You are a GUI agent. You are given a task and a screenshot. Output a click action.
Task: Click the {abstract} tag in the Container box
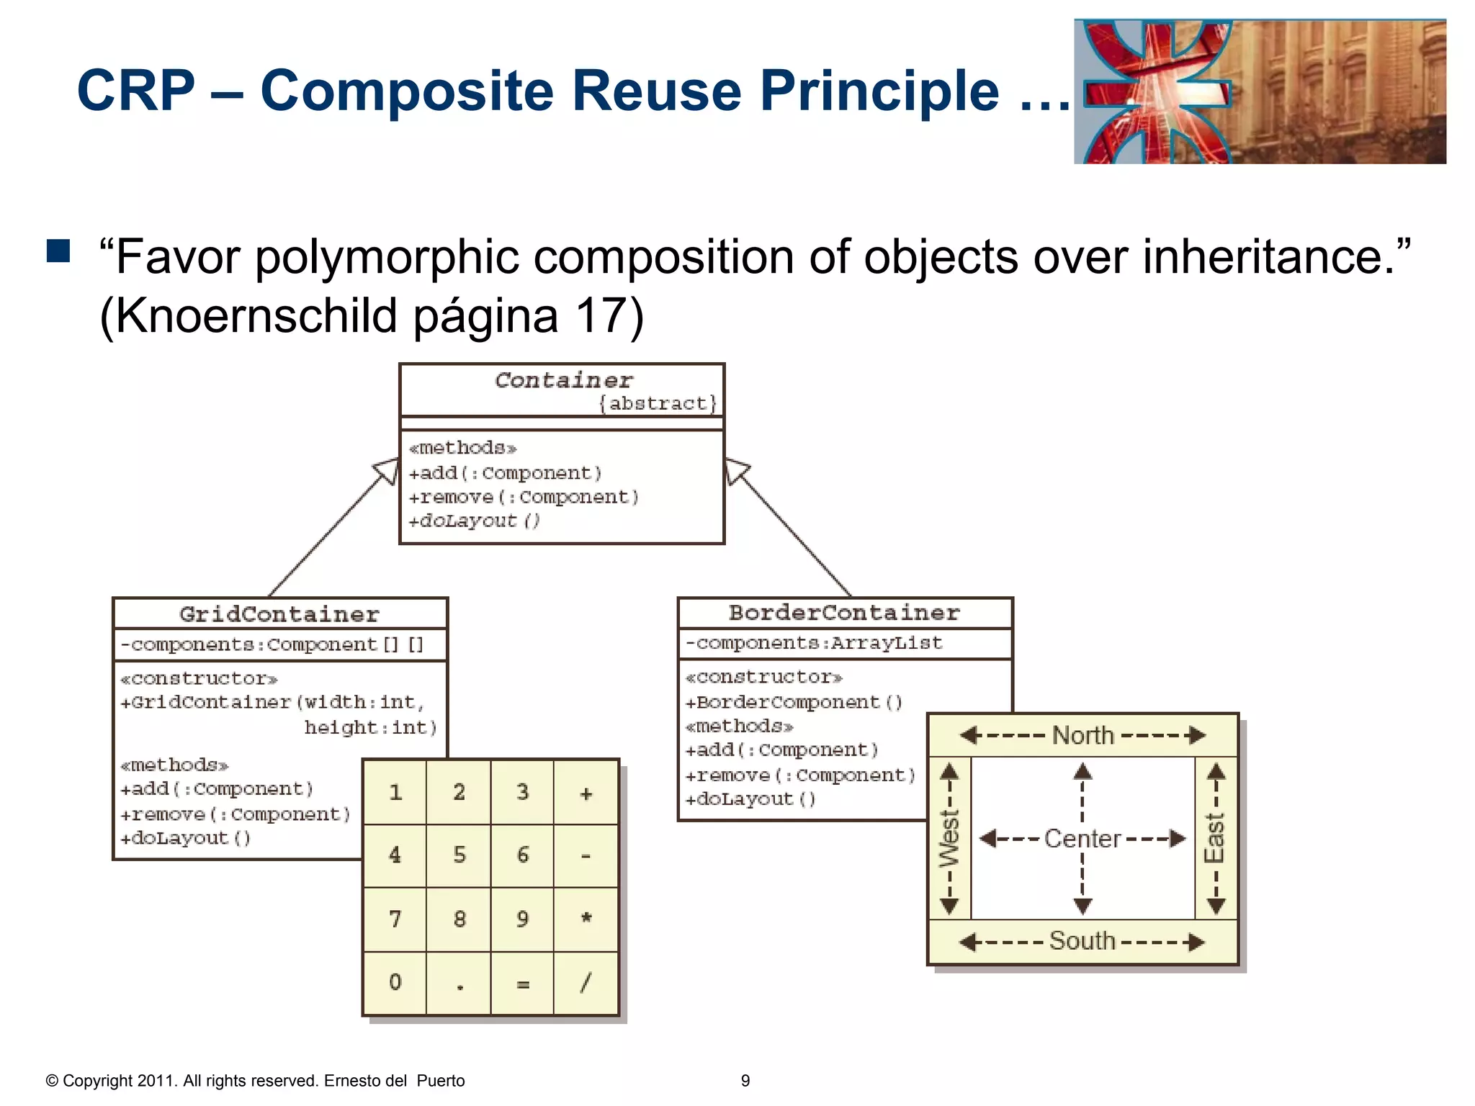658,403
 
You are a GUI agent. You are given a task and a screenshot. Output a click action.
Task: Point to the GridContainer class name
279,614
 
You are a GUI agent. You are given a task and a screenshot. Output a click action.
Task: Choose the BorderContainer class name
844,613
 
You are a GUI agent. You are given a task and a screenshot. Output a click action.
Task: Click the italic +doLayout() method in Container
475,521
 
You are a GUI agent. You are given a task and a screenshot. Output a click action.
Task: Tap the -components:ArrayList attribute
814,642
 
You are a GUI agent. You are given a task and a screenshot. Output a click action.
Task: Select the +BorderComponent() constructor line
794,702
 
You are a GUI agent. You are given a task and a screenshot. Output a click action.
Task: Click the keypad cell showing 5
459,855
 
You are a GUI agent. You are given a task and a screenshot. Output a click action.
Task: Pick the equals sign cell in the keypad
523,984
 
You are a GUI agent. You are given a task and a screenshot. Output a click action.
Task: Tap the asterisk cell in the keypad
586,919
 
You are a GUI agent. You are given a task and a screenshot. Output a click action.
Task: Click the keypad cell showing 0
395,982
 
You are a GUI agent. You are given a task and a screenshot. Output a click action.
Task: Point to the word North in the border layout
1082,735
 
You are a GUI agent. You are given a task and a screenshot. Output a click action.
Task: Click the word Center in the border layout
1082,839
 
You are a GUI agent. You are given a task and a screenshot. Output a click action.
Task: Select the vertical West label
949,839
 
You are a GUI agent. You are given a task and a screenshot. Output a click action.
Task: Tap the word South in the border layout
1082,941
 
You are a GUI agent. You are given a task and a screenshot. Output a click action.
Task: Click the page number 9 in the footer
745,1081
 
